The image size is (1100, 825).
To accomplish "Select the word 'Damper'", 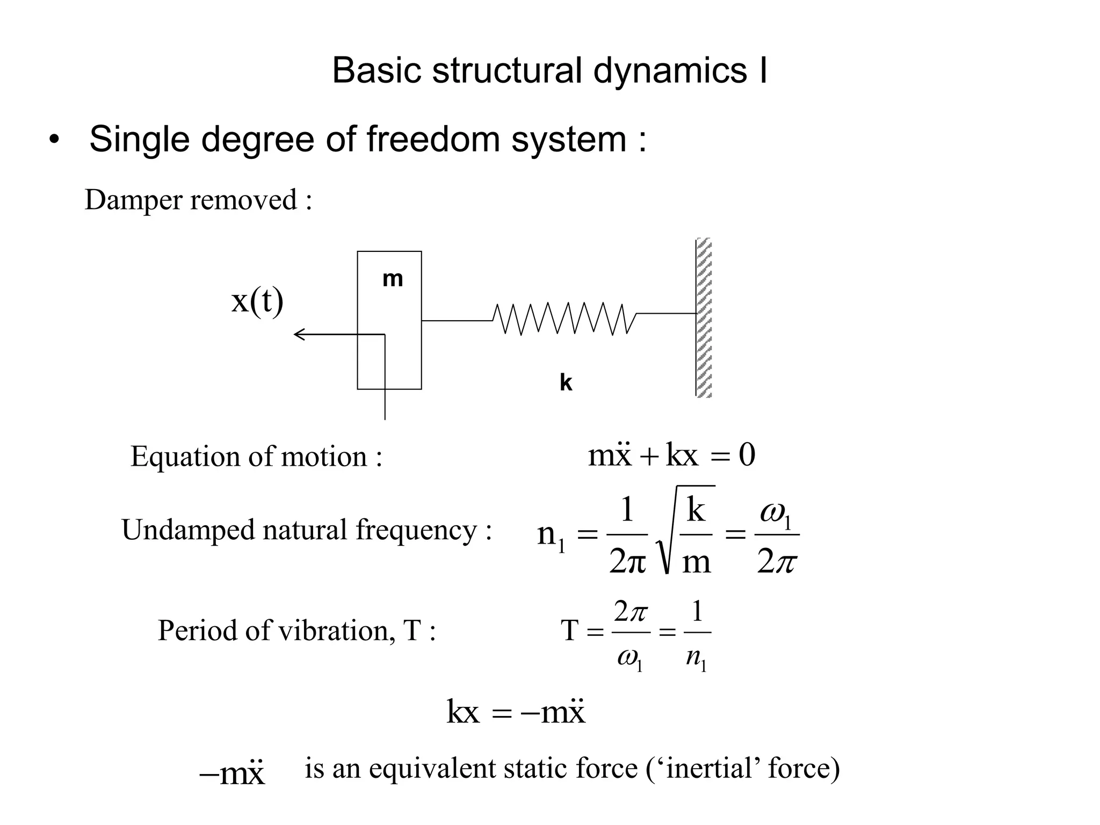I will (x=134, y=200).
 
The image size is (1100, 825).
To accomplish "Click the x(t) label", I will (x=257, y=301).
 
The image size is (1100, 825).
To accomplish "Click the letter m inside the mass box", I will (x=393, y=279).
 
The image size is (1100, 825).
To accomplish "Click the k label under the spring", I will (x=566, y=383).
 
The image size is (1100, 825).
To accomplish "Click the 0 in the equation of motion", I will (x=747, y=455).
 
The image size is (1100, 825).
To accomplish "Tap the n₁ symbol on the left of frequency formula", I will (x=551, y=535).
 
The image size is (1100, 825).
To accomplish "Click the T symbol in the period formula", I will (x=569, y=631).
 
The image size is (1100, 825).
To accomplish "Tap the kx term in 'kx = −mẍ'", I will (x=462, y=713).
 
